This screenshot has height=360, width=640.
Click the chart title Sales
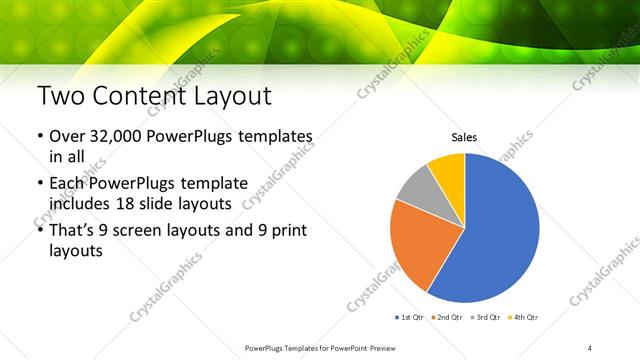(464, 137)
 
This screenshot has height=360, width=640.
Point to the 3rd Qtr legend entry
(484, 317)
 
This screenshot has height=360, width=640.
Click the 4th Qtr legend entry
(523, 317)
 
